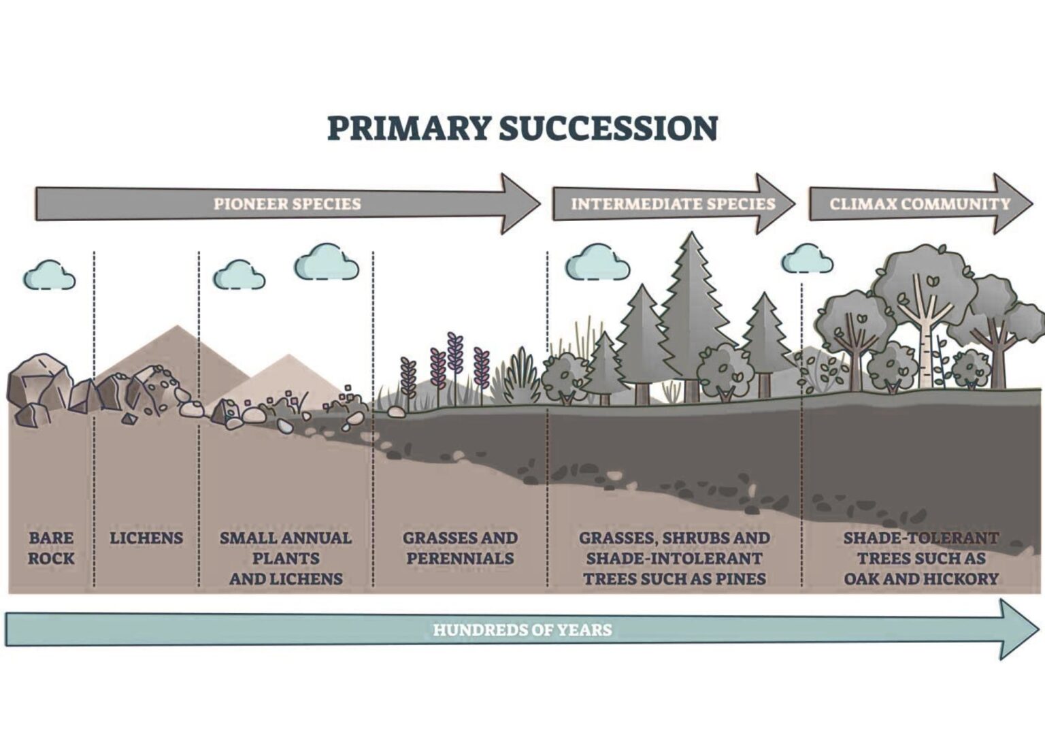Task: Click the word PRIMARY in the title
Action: (408, 129)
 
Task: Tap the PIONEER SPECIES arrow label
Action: (286, 203)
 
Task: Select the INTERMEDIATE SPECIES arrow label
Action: (672, 203)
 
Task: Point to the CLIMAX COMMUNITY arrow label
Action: (919, 203)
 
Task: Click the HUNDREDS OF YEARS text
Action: (522, 629)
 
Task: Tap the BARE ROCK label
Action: (51, 548)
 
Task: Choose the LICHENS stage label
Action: (146, 538)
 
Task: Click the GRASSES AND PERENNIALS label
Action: (460, 548)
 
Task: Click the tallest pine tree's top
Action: (691, 238)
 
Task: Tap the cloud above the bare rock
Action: (49, 275)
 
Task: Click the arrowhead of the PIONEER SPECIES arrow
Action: (520, 203)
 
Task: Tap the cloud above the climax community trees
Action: (807, 259)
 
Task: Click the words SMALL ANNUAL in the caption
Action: (285, 538)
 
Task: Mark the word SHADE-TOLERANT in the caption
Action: (920, 538)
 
